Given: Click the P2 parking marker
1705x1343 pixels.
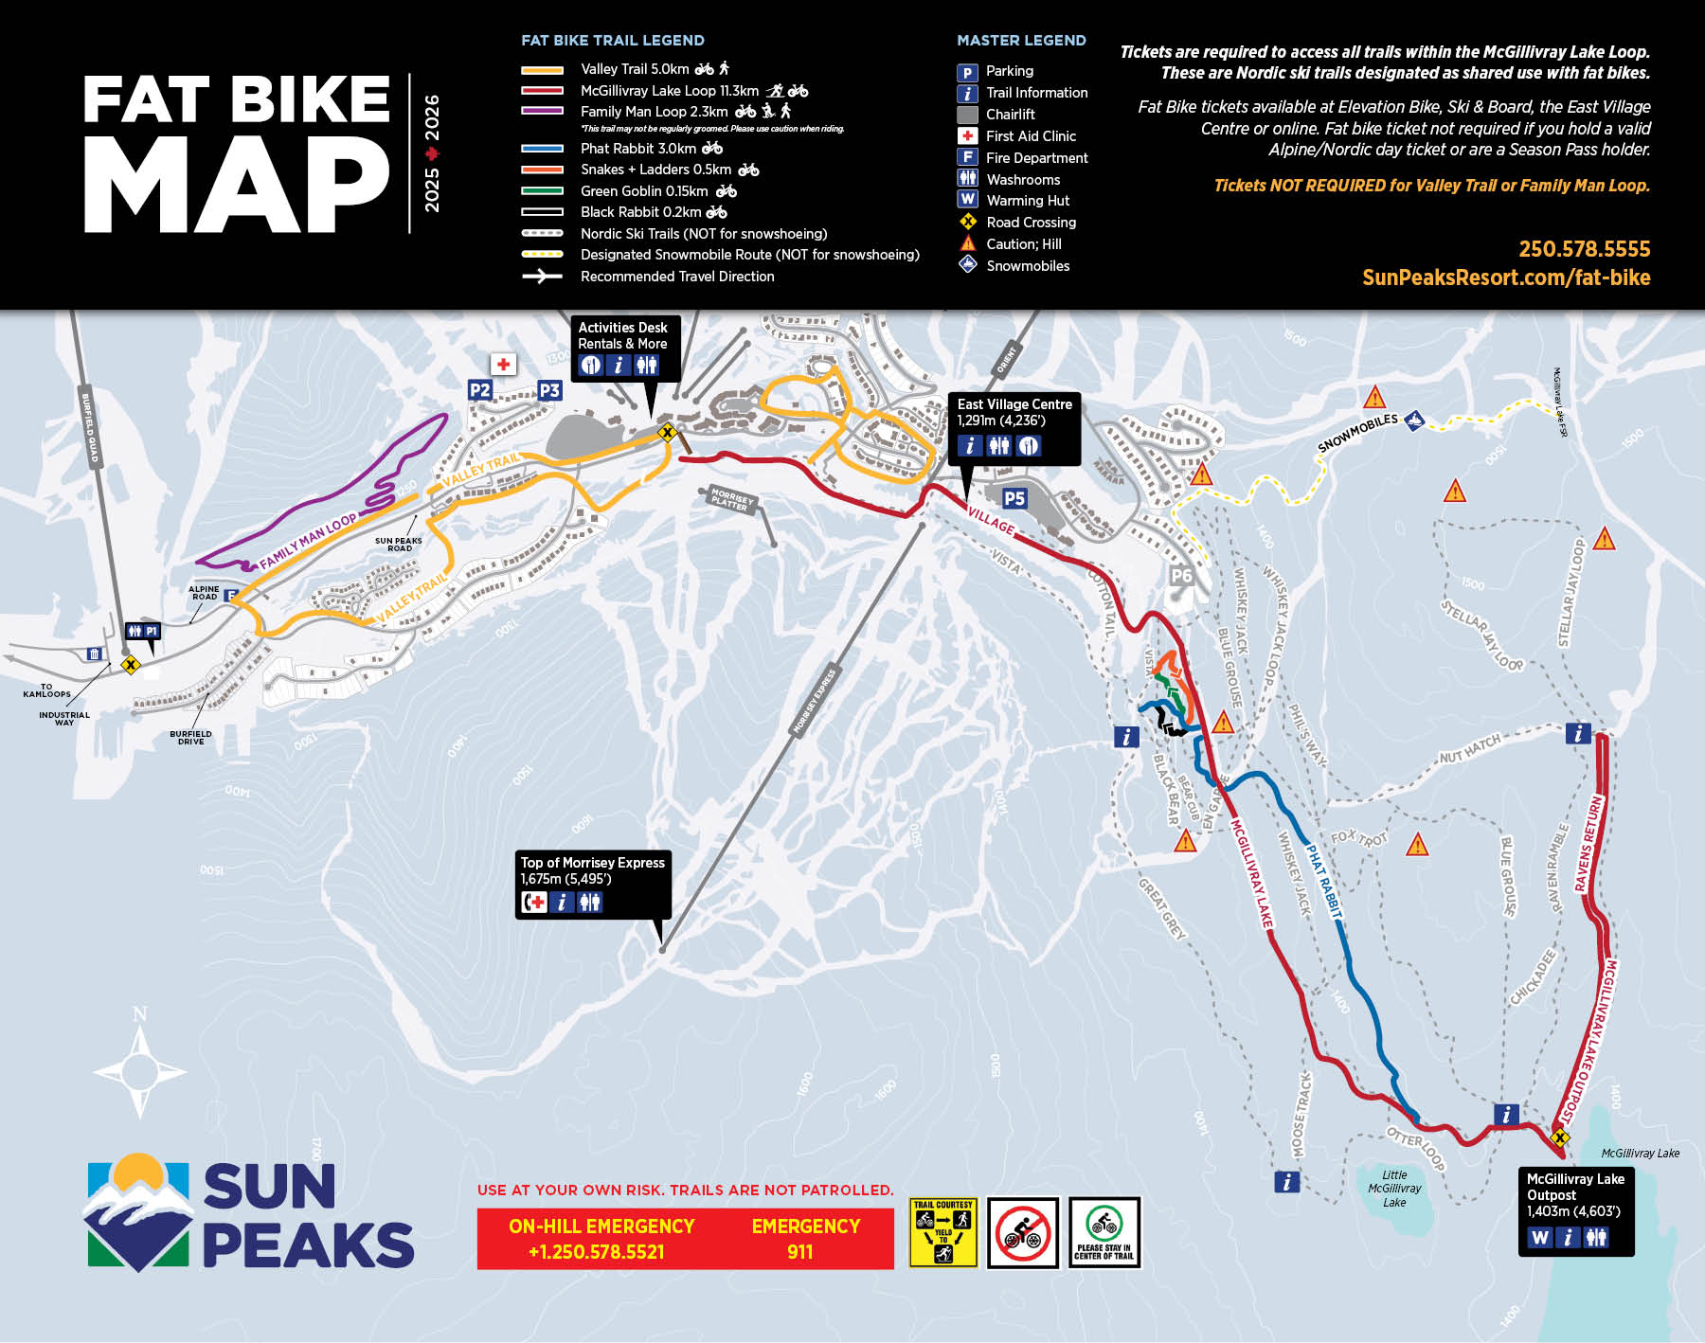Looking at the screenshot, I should [x=480, y=390].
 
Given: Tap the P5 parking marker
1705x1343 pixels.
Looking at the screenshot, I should [x=1014, y=498].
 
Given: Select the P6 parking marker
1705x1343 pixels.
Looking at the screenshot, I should [x=1181, y=575].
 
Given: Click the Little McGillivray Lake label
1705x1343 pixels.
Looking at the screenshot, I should [x=1394, y=1189].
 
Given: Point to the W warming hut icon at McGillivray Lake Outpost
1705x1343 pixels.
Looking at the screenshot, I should [x=1540, y=1237].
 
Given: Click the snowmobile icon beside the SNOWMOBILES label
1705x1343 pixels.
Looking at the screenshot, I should [x=1414, y=420].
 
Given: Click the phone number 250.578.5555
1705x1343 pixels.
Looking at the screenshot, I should [x=1584, y=249].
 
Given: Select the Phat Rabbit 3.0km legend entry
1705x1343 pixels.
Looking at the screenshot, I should [x=638, y=149].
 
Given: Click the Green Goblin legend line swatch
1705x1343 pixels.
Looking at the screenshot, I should [x=542, y=191].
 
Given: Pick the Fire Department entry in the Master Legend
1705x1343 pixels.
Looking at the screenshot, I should [x=1036, y=158].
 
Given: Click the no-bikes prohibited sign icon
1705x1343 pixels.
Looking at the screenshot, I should [x=1023, y=1232].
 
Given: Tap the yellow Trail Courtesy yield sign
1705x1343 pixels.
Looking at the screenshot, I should [x=942, y=1232].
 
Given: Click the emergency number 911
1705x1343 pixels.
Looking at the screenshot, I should [x=799, y=1251].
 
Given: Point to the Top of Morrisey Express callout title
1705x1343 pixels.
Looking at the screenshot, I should [x=592, y=863].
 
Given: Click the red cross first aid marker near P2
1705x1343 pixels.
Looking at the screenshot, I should [x=503, y=364].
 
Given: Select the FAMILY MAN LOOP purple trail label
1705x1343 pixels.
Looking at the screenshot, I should [x=308, y=542].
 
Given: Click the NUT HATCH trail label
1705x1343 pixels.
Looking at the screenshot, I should [x=1470, y=750].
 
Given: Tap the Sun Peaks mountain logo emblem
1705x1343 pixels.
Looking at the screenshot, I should [x=138, y=1212].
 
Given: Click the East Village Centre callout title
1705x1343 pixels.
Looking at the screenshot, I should [x=1014, y=404].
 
